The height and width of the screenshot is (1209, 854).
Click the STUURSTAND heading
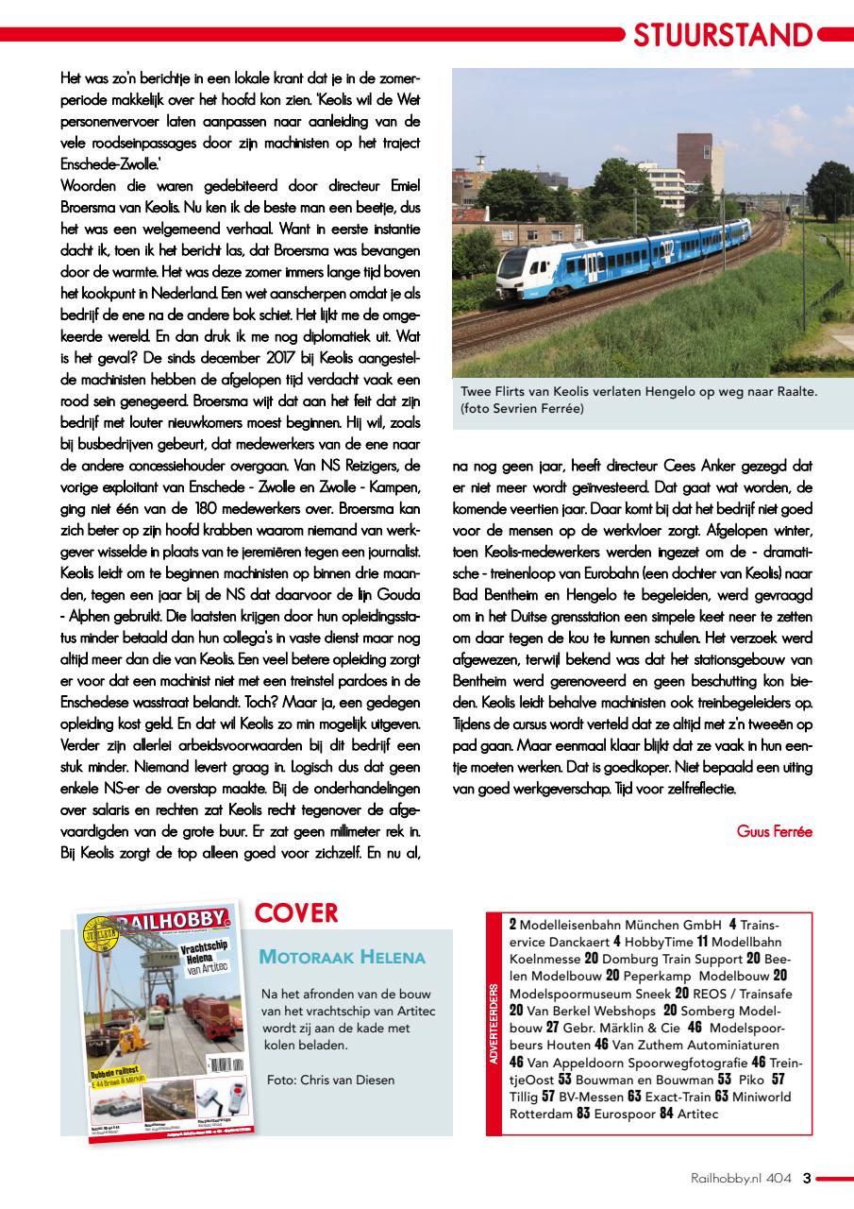click(x=723, y=35)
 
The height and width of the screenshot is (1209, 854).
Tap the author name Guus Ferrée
click(x=774, y=831)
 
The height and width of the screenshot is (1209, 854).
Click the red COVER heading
click(x=296, y=913)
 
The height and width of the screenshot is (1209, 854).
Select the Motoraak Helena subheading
click(x=342, y=957)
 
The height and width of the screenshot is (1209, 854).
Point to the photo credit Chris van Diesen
click(x=330, y=1080)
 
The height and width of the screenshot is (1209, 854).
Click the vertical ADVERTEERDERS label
click(x=494, y=1024)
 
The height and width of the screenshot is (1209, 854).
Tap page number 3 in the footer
click(x=806, y=1178)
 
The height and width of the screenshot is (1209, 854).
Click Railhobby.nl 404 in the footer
click(x=741, y=1178)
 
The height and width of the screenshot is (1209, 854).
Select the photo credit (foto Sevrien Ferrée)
click(x=522, y=408)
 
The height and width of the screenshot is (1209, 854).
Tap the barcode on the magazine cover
click(x=223, y=1064)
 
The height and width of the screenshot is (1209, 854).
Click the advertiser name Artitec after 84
click(x=697, y=1115)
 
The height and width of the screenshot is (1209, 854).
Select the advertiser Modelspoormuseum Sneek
click(x=590, y=994)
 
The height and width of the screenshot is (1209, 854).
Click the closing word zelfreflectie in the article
click(x=694, y=788)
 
